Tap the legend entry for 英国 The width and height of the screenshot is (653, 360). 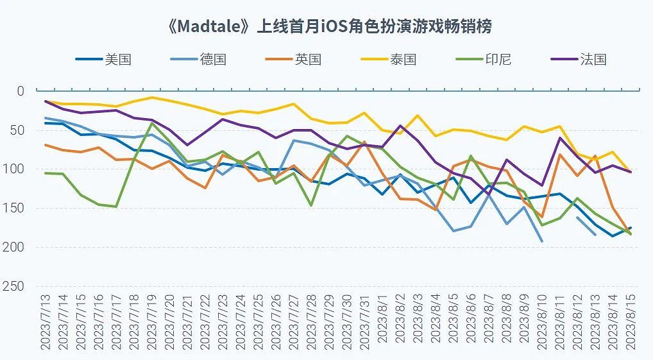pos(307,60)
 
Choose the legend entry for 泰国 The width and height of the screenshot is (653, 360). pos(402,60)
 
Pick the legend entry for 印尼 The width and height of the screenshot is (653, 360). pos(497,60)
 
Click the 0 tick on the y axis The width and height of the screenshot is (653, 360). pos(21,91)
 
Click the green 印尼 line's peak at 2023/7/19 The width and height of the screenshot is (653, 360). pos(152,123)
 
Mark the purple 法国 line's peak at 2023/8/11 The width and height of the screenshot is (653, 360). pos(560,137)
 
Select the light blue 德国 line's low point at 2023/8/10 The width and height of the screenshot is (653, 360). pos(542,241)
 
